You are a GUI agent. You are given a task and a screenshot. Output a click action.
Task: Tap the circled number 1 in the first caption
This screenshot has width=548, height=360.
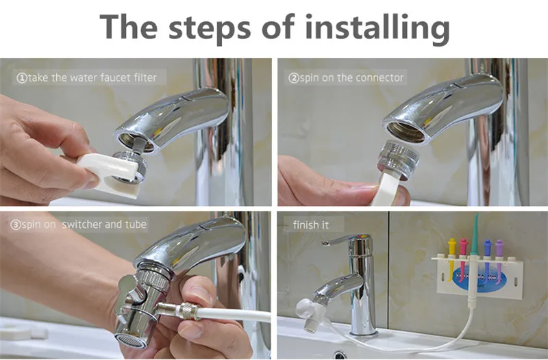22,78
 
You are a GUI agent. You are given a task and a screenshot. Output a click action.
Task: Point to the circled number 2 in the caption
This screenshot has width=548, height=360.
294,78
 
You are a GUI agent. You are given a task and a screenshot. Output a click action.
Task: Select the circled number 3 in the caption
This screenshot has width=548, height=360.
15,225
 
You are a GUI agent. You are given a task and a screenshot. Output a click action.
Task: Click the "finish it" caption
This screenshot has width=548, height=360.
311,225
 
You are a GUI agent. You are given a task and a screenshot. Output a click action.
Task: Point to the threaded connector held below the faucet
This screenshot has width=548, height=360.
399,159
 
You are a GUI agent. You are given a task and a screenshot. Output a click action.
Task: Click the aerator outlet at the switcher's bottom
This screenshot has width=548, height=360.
131,341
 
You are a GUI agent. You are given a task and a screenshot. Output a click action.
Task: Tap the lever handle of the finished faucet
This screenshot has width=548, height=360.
345,240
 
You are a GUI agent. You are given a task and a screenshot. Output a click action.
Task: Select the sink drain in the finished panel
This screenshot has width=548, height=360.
340,355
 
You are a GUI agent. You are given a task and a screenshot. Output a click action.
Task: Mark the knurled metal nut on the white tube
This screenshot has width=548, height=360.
187,311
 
